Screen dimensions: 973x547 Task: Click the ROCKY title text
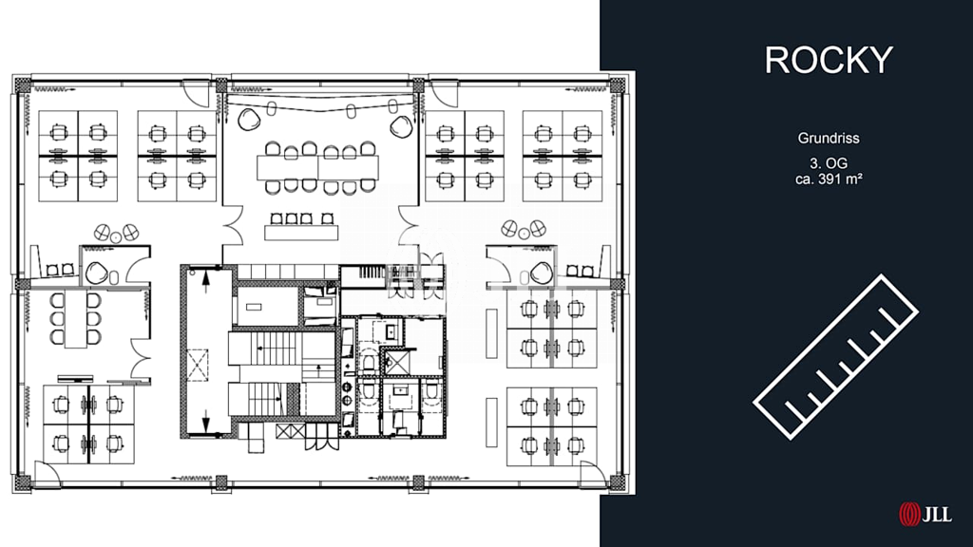(x=829, y=60)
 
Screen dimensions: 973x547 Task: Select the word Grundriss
(x=829, y=139)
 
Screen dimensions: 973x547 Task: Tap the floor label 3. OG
(x=829, y=163)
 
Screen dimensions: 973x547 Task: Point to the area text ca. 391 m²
(x=829, y=179)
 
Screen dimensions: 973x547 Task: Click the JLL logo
(x=925, y=514)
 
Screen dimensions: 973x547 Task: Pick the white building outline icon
(x=835, y=357)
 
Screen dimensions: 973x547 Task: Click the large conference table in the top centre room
(x=317, y=167)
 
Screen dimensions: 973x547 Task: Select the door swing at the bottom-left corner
(x=48, y=475)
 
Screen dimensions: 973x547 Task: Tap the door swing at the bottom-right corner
(x=594, y=475)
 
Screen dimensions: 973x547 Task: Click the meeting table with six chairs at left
(x=75, y=319)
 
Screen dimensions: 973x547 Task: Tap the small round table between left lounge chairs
(x=115, y=236)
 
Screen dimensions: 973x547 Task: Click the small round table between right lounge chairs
(x=524, y=234)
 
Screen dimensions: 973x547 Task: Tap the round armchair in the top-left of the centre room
(x=250, y=120)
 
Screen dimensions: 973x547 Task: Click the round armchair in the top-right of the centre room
(x=402, y=126)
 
